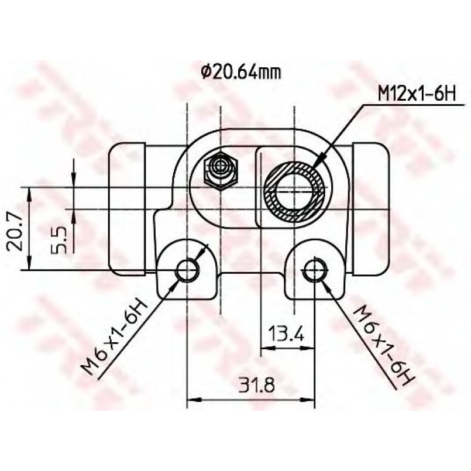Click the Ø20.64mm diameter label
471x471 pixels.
[241, 73]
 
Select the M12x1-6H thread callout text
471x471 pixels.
[417, 94]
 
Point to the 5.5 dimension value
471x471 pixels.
[59, 240]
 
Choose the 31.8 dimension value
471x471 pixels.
[257, 385]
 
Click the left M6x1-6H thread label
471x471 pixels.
[115, 337]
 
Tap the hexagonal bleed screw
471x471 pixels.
[221, 171]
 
